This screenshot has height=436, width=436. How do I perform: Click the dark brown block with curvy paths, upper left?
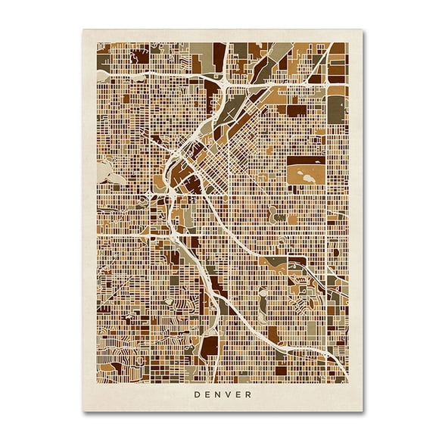point(140,56)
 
